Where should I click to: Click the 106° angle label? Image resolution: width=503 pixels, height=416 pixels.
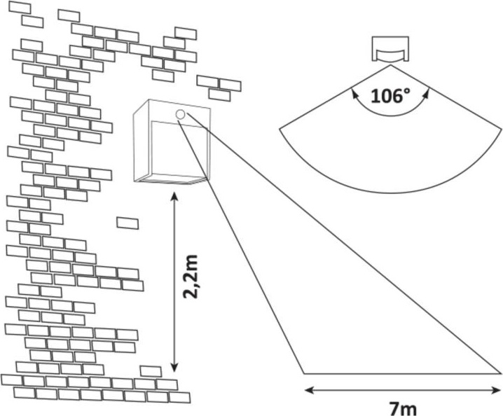pyautogui.click(x=390, y=96)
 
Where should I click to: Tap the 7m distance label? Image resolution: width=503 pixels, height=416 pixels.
pyautogui.click(x=404, y=408)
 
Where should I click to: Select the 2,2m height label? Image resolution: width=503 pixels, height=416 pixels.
pyautogui.click(x=191, y=277)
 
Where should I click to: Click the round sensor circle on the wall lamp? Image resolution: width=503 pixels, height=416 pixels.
pyautogui.click(x=180, y=114)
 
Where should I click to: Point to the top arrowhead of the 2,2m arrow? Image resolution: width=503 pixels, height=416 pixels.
pyautogui.click(x=174, y=195)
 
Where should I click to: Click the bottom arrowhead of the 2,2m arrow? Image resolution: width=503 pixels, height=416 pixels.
pyautogui.click(x=174, y=368)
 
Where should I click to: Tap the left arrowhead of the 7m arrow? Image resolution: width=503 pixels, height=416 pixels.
pyautogui.click(x=309, y=390)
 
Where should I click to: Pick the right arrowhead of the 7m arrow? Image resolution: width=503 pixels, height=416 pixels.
pyautogui.click(x=496, y=390)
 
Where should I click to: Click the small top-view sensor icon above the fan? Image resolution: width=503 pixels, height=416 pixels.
pyautogui.click(x=390, y=49)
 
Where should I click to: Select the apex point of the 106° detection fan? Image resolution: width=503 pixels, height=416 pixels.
pyautogui.click(x=390, y=65)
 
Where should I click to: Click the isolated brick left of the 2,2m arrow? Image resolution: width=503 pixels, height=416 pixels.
pyautogui.click(x=128, y=223)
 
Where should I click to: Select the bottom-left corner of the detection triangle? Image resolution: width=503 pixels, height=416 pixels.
pyautogui.click(x=304, y=374)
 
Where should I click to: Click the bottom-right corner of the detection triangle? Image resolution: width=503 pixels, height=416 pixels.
pyautogui.click(x=501, y=374)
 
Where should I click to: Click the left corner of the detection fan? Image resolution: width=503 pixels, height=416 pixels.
pyautogui.click(x=280, y=129)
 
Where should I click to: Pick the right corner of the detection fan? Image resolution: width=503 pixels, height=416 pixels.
pyautogui.click(x=501, y=129)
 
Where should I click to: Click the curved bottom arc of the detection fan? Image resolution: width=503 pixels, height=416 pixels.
pyautogui.click(x=390, y=193)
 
